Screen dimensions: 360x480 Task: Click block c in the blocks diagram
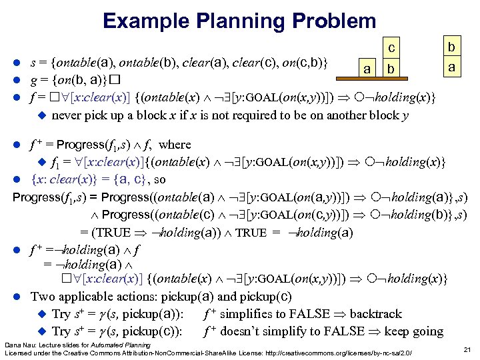393,48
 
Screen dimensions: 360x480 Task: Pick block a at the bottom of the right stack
451,67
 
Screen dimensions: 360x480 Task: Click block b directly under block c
393,69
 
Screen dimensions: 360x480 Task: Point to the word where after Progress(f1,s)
175,144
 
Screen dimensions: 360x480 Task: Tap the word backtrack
376,313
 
